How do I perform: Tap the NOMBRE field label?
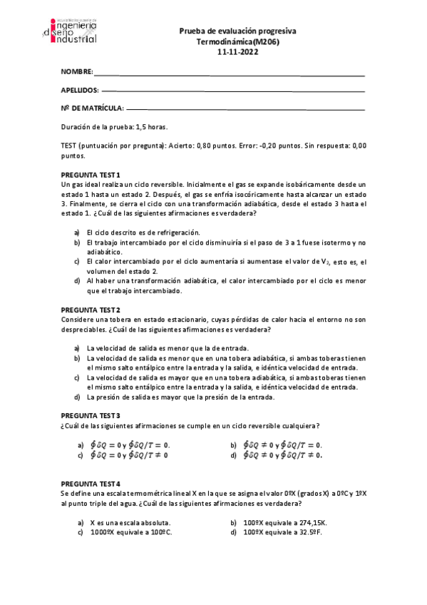(x=77, y=73)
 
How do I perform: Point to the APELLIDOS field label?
(x=80, y=91)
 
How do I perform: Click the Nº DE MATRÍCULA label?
(x=92, y=108)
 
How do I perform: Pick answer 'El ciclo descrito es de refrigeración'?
(x=143, y=232)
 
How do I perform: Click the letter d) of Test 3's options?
(x=233, y=454)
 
